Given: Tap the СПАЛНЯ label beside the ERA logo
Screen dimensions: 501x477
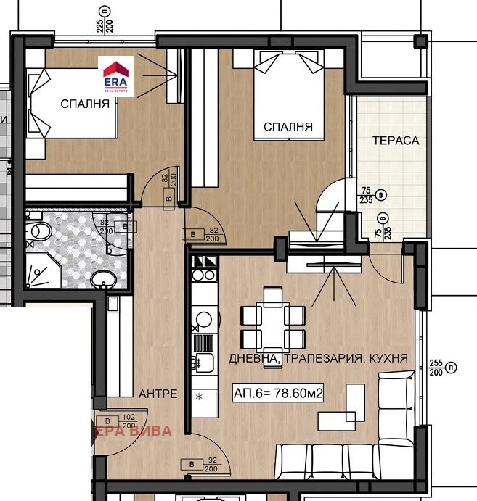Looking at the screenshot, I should point(85,104).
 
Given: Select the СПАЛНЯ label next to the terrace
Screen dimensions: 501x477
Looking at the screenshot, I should point(288,127).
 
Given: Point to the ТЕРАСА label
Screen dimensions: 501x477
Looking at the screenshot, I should point(395,141).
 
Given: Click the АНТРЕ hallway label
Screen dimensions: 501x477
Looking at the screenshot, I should point(158,394).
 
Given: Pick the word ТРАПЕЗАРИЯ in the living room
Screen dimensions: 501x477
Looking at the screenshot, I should point(319,358).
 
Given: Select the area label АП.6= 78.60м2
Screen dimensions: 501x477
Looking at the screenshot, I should point(278,394).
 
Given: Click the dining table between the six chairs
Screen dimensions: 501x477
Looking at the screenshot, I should point(273,326).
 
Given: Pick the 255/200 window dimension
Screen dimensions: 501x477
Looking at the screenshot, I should point(436,368).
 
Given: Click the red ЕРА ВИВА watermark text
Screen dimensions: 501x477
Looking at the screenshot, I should point(134,431).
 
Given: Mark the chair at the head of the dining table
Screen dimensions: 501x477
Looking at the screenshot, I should point(273,295).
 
